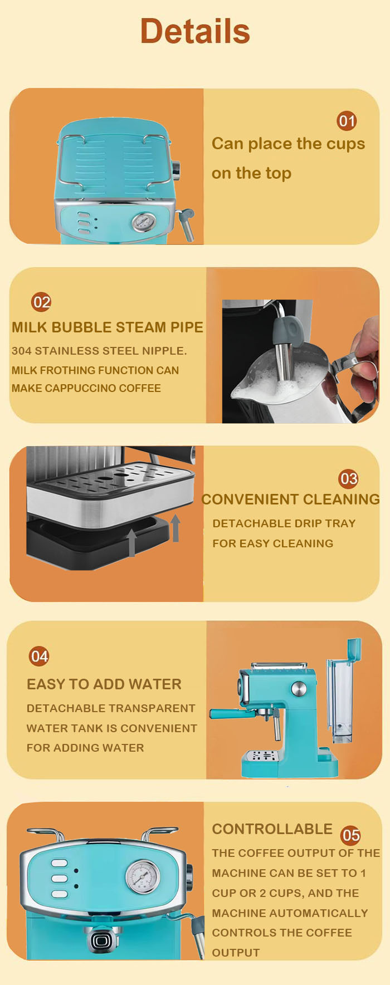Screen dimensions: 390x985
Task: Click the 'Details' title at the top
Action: (x=195, y=31)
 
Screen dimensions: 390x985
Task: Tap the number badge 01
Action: (x=347, y=121)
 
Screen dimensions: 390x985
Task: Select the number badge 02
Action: (x=41, y=302)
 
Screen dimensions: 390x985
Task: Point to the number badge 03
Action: (x=348, y=478)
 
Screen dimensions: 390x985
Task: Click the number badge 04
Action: (x=39, y=656)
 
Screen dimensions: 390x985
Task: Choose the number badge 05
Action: (x=350, y=835)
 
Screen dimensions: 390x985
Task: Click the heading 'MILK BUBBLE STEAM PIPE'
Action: (x=108, y=327)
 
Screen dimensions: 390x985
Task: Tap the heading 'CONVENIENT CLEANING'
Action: (x=290, y=499)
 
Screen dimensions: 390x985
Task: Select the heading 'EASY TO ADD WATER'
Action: (x=104, y=684)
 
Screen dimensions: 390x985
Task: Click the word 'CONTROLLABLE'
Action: (x=272, y=829)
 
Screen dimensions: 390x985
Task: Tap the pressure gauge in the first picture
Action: (x=143, y=222)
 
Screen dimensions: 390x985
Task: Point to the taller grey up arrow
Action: (x=175, y=528)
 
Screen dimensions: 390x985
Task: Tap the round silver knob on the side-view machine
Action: (x=299, y=689)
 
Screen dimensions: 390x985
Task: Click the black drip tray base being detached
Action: (x=97, y=540)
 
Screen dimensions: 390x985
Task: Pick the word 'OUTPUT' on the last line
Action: (x=236, y=953)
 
